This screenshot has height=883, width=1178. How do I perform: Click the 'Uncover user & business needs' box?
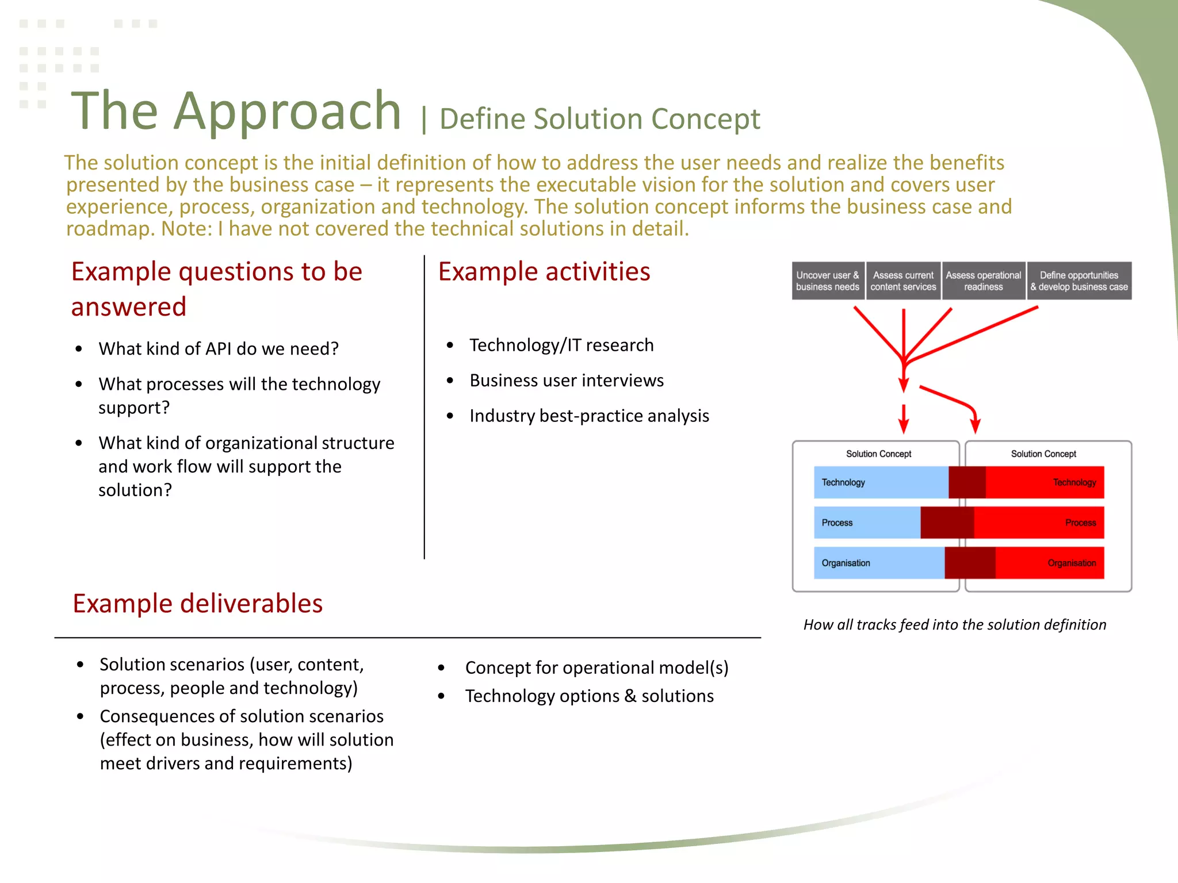827,281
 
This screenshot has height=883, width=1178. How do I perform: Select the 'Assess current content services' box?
903,281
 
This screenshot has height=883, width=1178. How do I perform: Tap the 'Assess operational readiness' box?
983,281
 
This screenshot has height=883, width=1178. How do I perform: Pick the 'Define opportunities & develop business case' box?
1078,281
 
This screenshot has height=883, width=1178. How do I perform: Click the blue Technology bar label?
843,482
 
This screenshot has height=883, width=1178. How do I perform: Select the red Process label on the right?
1080,523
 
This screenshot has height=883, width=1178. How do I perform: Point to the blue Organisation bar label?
846,563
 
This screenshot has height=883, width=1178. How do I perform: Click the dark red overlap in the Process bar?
947,523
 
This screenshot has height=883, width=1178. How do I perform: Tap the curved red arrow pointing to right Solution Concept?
955,400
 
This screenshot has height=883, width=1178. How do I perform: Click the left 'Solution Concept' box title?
878,454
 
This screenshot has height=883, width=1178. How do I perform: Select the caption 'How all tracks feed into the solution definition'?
954,624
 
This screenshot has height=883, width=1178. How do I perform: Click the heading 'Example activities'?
544,271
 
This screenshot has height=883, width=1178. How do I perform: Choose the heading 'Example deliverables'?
197,604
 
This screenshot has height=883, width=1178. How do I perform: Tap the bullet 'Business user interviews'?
566,381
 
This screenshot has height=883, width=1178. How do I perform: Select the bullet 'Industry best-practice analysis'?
589,416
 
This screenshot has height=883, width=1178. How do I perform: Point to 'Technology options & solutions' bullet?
589,696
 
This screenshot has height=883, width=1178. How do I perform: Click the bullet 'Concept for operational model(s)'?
596,667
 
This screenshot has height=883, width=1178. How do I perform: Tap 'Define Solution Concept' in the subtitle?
599,119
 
